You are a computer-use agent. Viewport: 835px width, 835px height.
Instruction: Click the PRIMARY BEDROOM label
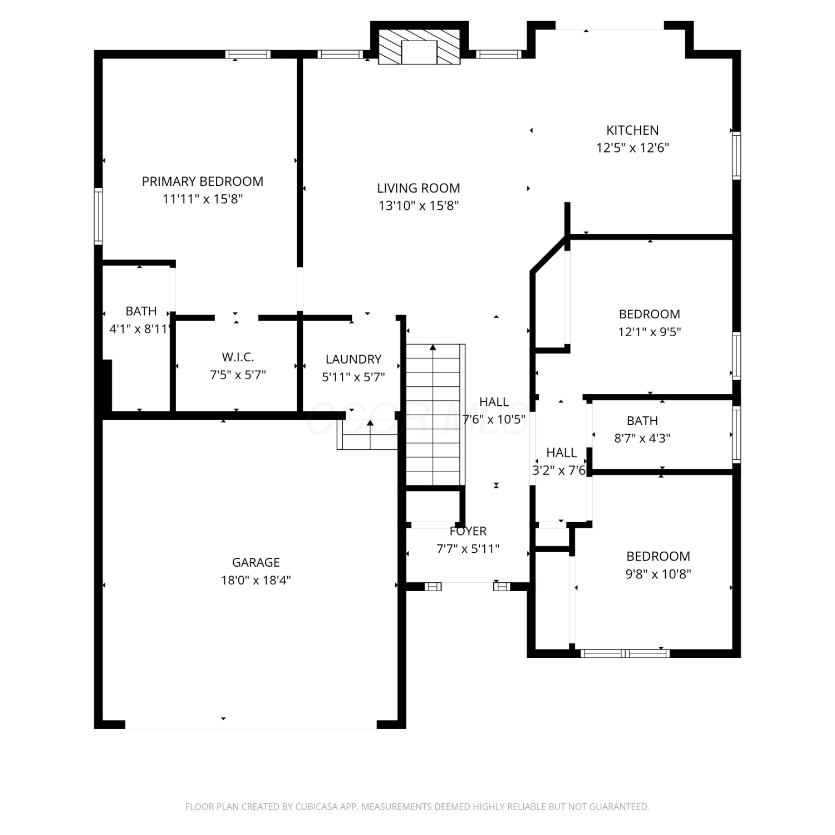pos(203,181)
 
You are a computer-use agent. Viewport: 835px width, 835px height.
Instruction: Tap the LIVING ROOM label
pos(419,188)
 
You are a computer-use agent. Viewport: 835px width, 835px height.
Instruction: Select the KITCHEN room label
pos(632,130)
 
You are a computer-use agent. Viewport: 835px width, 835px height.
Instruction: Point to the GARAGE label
pos(256,562)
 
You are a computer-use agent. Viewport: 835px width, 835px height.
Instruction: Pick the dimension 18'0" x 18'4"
pos(256,580)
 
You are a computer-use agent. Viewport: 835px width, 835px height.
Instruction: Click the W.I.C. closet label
pos(238,357)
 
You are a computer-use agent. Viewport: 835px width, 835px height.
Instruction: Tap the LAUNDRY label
pos(353,359)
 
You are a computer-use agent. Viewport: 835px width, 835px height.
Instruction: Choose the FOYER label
pos(468,531)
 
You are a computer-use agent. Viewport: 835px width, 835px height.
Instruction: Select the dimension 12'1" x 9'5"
pos(650,332)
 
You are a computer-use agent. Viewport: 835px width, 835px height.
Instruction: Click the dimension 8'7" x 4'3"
pos(642,438)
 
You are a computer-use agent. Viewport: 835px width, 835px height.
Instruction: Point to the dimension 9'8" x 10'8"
pos(658,574)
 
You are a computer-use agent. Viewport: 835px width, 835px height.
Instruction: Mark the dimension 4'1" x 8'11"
pos(140,329)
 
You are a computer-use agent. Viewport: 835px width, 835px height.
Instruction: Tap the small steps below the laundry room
pos(367,435)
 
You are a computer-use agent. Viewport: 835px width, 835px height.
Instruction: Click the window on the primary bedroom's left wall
pos(99,217)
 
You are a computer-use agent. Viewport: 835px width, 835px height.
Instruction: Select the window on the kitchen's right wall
pos(736,156)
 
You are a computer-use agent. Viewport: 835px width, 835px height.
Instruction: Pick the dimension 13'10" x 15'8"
pos(419,206)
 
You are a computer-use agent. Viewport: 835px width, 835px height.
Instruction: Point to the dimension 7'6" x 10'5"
pos(494,419)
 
